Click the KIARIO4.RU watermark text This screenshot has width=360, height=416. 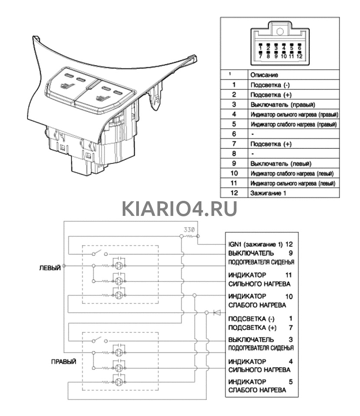click(x=180, y=208)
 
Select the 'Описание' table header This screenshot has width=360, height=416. click(x=264, y=75)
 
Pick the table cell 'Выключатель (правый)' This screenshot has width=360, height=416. click(x=282, y=104)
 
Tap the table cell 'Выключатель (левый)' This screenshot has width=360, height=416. click(x=281, y=164)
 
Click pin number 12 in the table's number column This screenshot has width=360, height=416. click(x=234, y=193)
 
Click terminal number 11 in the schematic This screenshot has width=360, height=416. click(x=289, y=275)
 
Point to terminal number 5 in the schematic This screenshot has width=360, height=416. click(x=291, y=382)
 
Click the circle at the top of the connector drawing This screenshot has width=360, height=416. click(x=280, y=31)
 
